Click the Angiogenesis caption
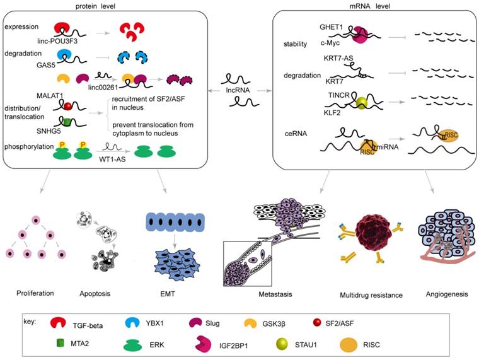coord(442,294)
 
